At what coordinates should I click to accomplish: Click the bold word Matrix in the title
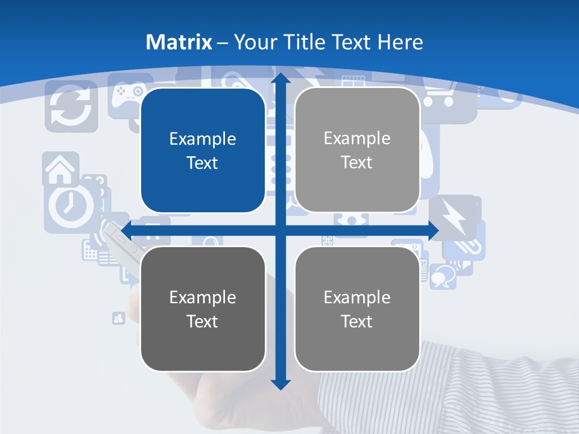(x=179, y=42)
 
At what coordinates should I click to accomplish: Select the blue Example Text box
(x=203, y=151)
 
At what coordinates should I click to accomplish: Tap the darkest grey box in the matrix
(x=203, y=309)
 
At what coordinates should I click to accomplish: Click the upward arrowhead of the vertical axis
(x=280, y=78)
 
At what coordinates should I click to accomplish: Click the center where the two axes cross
(x=280, y=231)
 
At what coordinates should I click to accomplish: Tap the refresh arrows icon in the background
(x=71, y=107)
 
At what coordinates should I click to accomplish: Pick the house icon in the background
(x=60, y=169)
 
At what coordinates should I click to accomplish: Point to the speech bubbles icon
(x=443, y=274)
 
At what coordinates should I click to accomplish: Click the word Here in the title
(x=400, y=42)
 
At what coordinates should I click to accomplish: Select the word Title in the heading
(x=305, y=42)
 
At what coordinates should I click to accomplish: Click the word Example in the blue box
(x=203, y=139)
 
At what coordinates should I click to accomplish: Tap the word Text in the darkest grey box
(x=203, y=321)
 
